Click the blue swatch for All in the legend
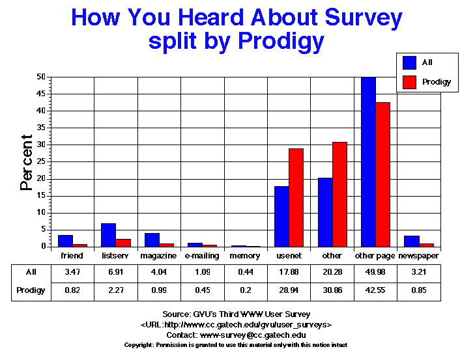pyautogui.click(x=410, y=62)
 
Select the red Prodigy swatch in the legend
pyautogui.click(x=410, y=82)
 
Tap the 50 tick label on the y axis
pyautogui.click(x=41, y=77)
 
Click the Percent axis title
pyautogui.click(x=26, y=162)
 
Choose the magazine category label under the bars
pyautogui.click(x=158, y=256)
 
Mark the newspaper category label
pyautogui.click(x=418, y=256)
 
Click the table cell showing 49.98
pyautogui.click(x=375, y=273)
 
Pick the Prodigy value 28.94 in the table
pyautogui.click(x=289, y=290)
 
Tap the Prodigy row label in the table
pyautogui.click(x=31, y=290)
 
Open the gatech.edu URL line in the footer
pyautogui.click(x=238, y=324)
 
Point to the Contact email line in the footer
pyautogui.click(x=238, y=334)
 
